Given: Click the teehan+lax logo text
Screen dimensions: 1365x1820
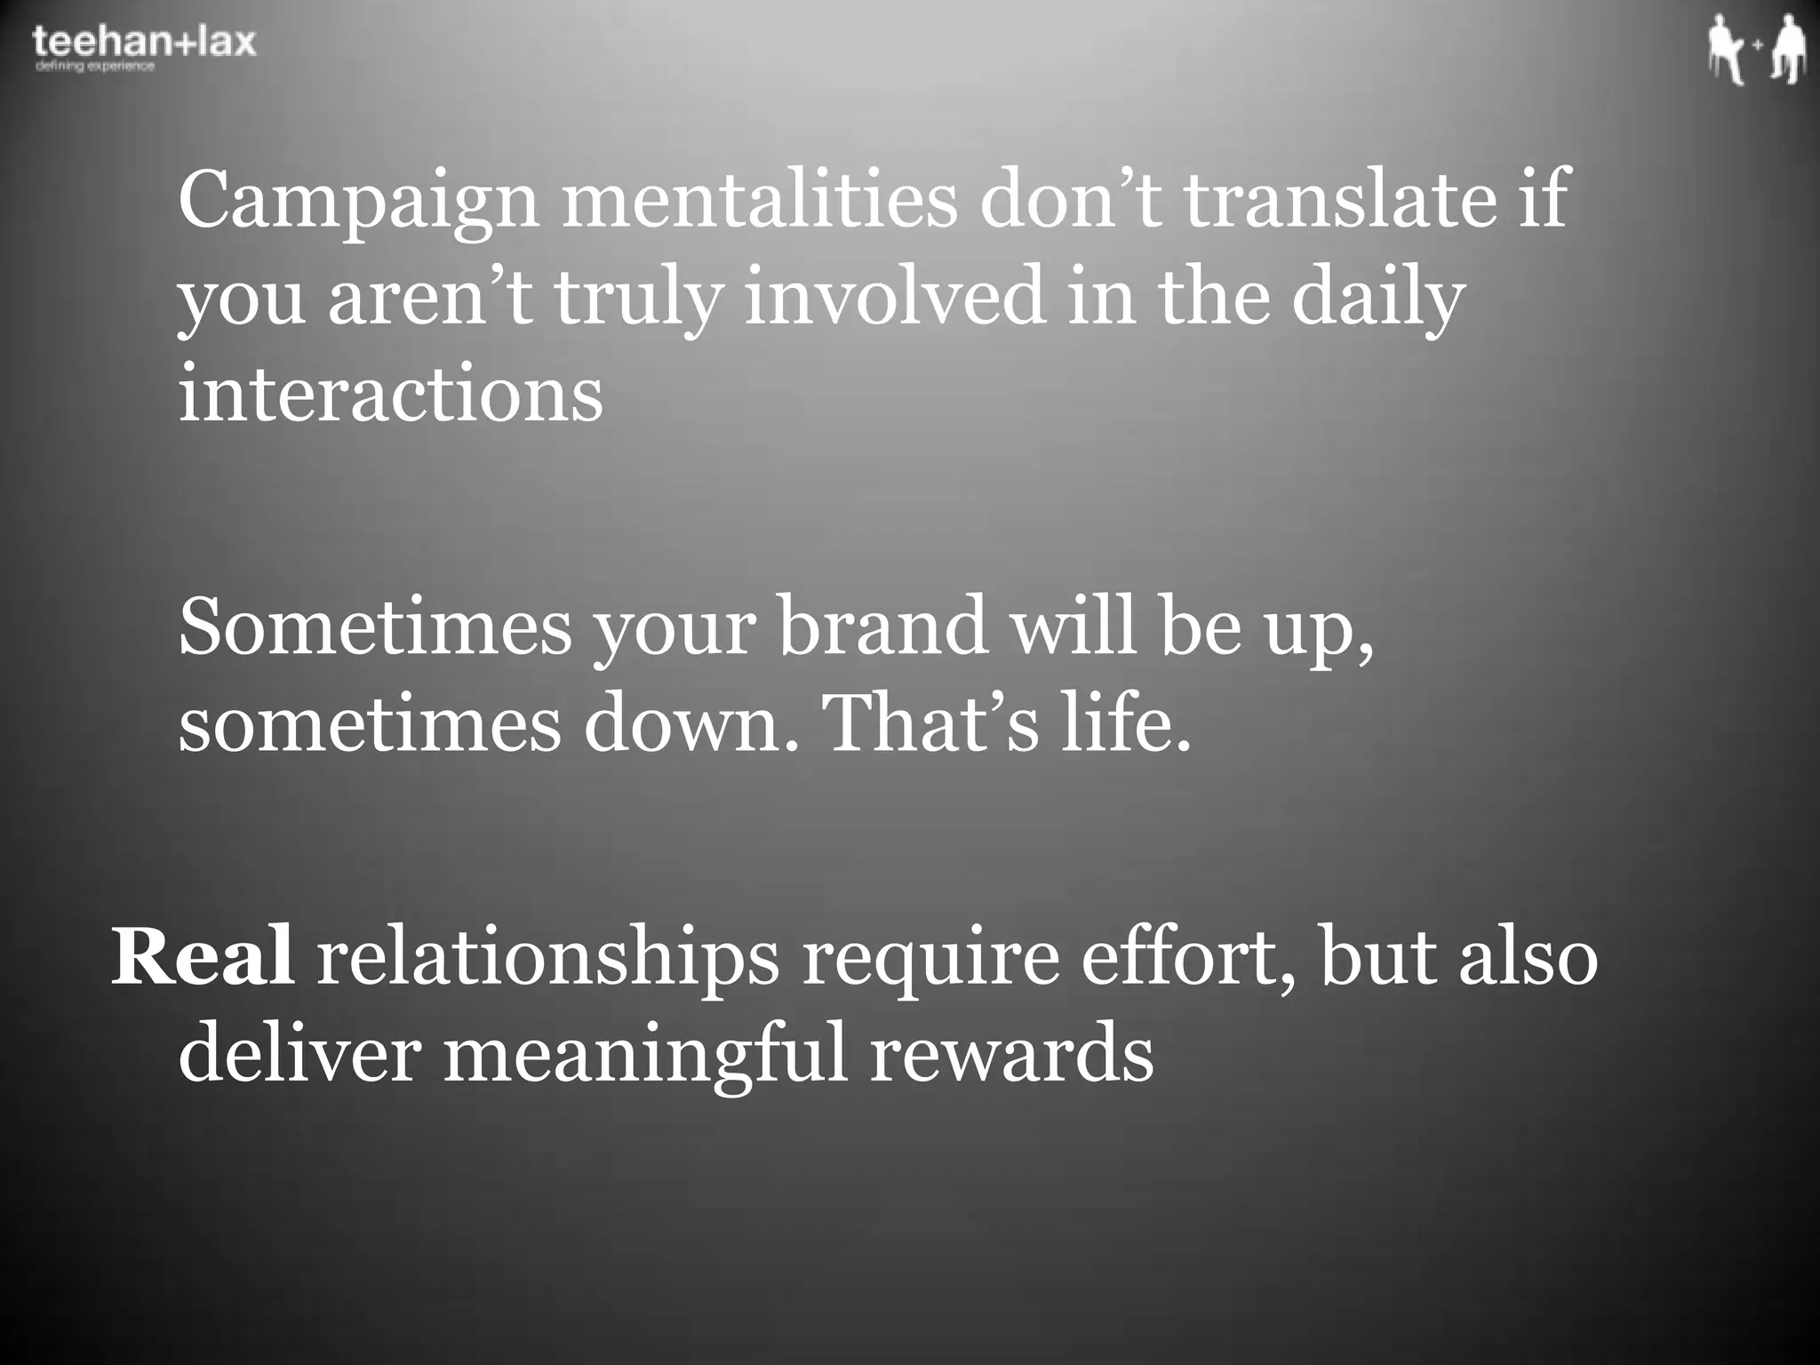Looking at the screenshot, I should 144,41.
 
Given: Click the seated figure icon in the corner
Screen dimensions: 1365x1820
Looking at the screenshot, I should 1726,51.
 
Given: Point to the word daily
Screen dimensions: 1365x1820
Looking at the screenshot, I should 1377,298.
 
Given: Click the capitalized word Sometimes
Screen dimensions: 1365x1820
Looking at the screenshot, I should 374,626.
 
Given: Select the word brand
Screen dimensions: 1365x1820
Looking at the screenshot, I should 882,626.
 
